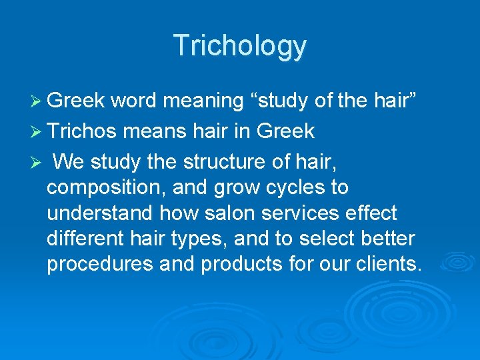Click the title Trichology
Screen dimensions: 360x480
tap(240, 46)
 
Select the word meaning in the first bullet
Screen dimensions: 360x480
tap(203, 101)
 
